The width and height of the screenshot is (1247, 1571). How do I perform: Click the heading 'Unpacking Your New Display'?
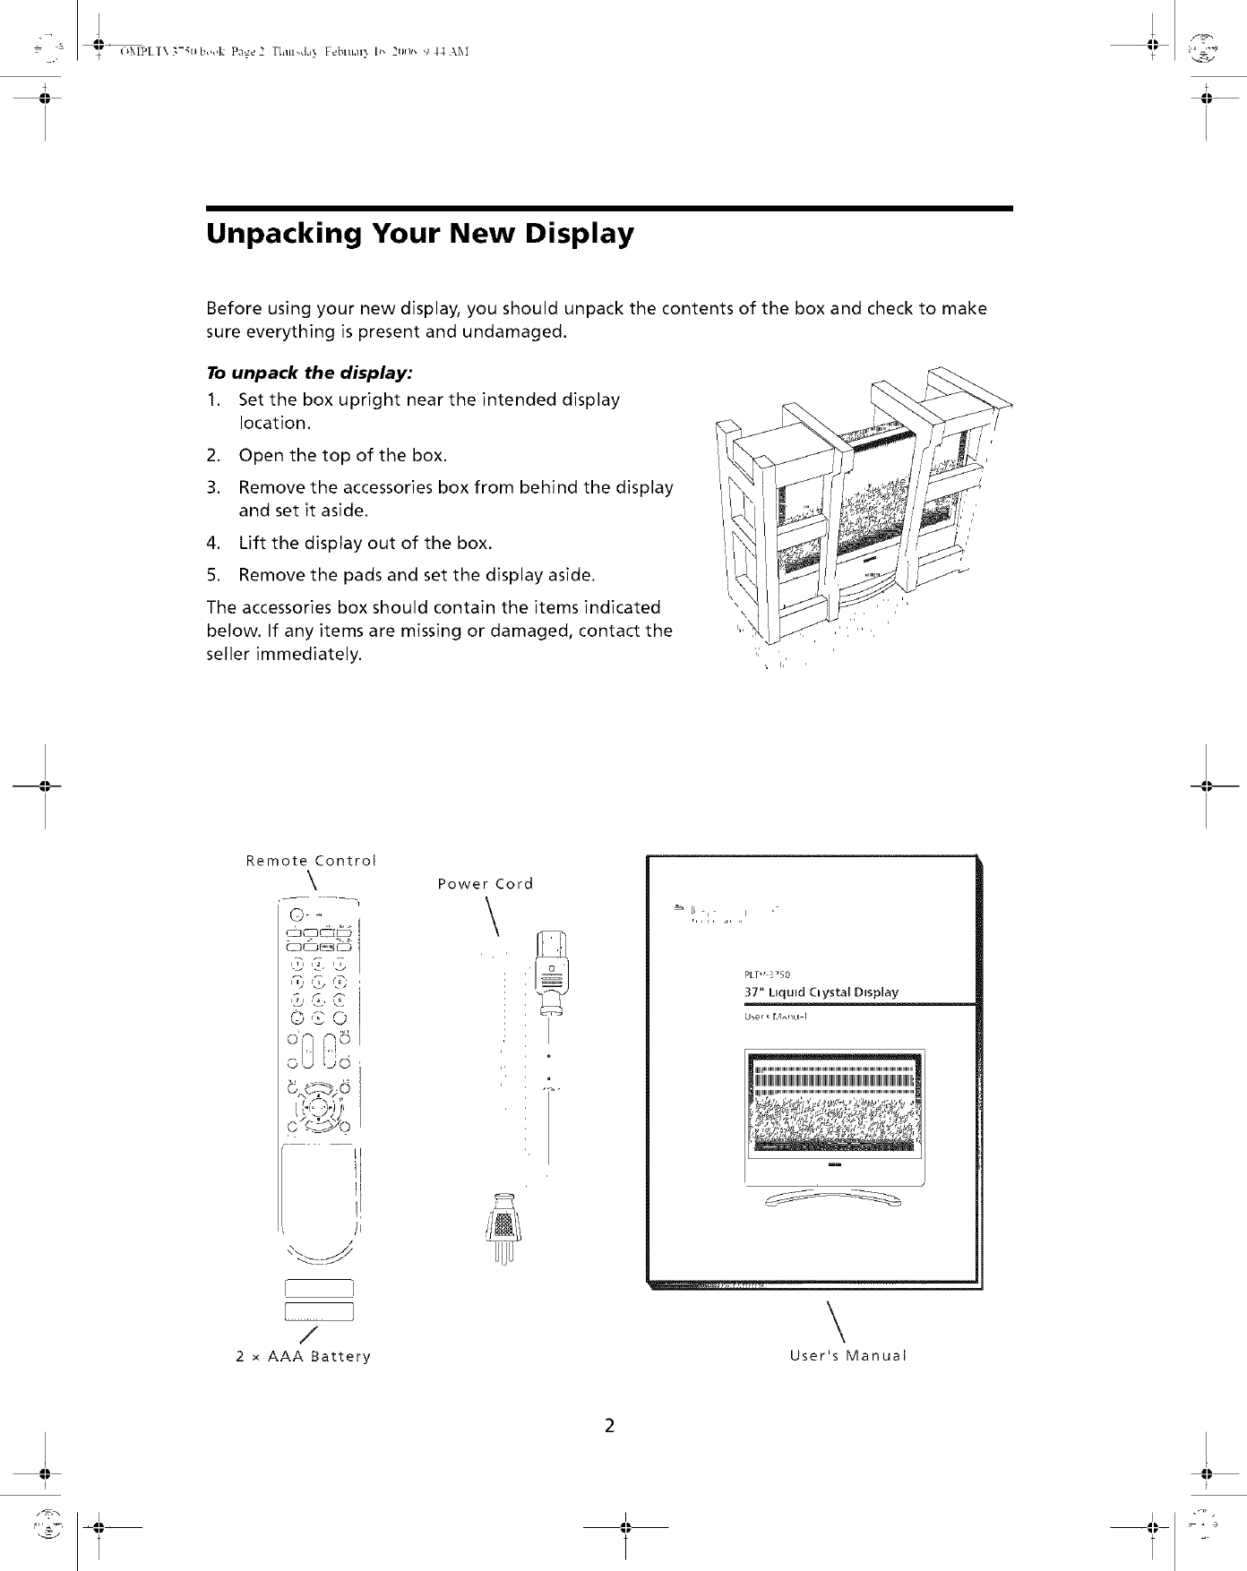[420, 234]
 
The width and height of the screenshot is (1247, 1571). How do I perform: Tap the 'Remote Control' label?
[311, 862]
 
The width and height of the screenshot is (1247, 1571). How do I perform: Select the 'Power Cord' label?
[485, 885]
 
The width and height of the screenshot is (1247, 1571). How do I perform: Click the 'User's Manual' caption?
[847, 1355]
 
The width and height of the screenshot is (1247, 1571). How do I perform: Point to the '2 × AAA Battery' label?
[303, 1356]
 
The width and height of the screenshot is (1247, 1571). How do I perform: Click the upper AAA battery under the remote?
[320, 1289]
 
